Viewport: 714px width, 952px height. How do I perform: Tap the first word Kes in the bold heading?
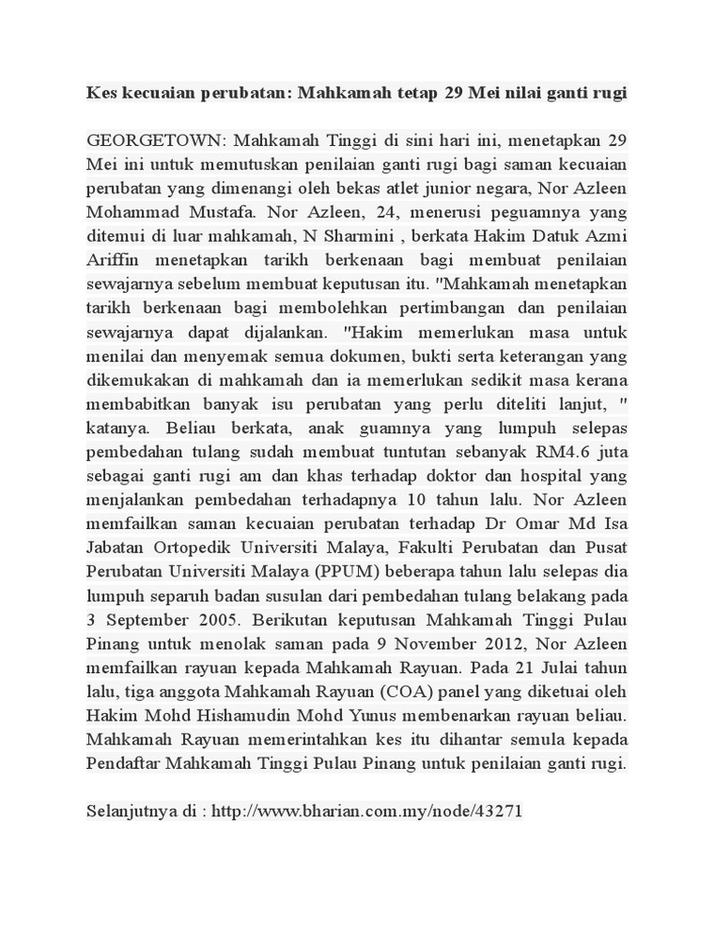point(102,93)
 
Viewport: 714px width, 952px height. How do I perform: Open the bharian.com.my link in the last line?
point(367,812)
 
